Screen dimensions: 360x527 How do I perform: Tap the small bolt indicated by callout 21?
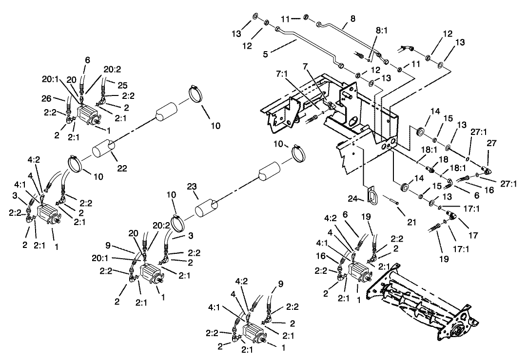[x=392, y=201]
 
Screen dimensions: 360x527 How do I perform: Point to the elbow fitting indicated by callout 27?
[x=485, y=170]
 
